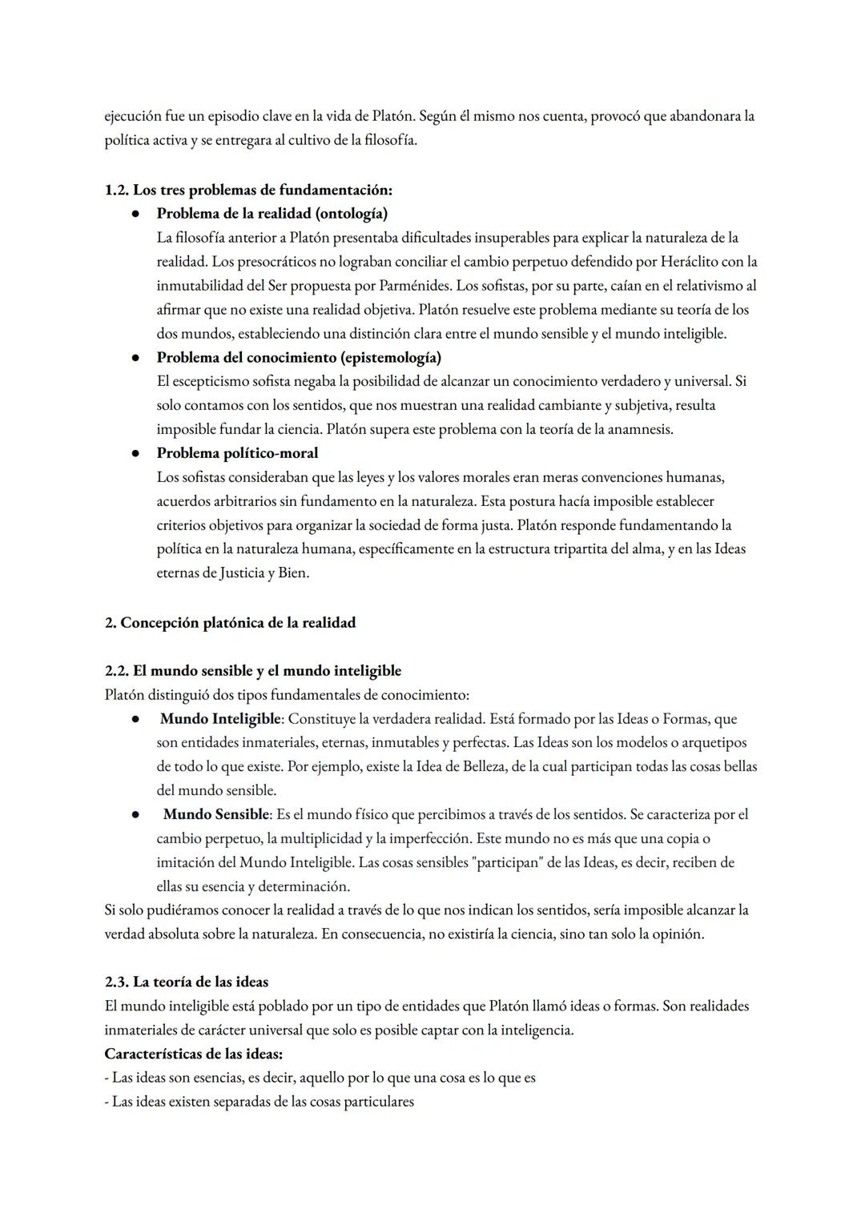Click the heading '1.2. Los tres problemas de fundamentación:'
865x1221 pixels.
(248, 190)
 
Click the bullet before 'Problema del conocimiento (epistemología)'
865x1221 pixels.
(137, 358)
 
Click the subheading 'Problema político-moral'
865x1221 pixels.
(237, 453)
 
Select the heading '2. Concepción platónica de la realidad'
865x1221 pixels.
(230, 622)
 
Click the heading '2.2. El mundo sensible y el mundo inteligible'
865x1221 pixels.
(253, 670)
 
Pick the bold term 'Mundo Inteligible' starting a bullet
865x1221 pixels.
(220, 719)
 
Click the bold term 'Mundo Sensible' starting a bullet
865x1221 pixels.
(216, 814)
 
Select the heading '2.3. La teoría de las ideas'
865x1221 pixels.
(186, 982)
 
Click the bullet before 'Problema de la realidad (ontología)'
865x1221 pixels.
(137, 214)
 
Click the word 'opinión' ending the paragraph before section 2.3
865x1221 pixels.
(678, 934)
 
